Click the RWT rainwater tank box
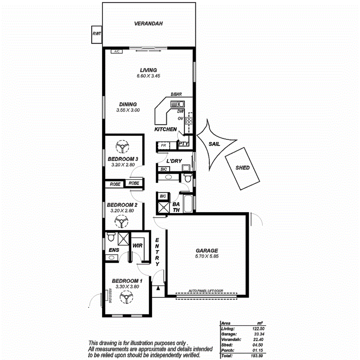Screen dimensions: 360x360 pos(96,34)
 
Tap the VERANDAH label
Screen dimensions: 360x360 pos(148,24)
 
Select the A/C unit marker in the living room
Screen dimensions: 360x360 pos(116,51)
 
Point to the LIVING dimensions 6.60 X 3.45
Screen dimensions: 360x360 pos(148,76)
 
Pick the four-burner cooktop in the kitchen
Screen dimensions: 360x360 pos(189,121)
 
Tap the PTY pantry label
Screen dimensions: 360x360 pos(183,144)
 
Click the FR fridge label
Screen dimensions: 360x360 pos(163,146)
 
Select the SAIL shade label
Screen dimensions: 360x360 pos(214,144)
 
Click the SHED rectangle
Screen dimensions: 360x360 pos(243,168)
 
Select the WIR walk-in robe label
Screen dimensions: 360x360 pos(138,246)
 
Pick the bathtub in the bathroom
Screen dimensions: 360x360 pos(188,204)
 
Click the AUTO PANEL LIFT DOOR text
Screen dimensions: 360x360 pos(206,291)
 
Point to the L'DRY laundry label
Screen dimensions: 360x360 pos(174,160)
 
